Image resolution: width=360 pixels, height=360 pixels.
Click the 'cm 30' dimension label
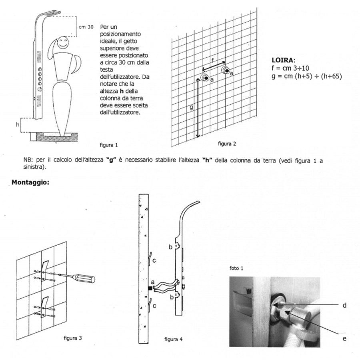coord(86,27)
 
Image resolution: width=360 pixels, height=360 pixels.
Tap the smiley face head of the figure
coord(63,44)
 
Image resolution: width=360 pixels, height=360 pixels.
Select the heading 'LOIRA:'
coord(283,60)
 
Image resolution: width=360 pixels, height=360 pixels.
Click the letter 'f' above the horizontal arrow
coord(213,60)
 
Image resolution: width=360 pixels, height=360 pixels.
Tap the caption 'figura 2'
coord(227,143)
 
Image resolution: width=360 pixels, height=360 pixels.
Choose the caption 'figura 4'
coord(173,339)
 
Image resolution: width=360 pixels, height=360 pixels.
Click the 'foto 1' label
coord(236,268)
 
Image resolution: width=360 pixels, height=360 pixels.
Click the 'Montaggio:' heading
coord(30,182)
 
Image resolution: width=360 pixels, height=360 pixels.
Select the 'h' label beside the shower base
coord(17,125)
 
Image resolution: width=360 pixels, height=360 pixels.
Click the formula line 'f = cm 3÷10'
coord(290,68)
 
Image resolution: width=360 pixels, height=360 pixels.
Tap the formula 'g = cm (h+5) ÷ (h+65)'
coord(306,76)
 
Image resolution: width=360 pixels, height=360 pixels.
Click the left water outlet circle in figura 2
coord(206,78)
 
